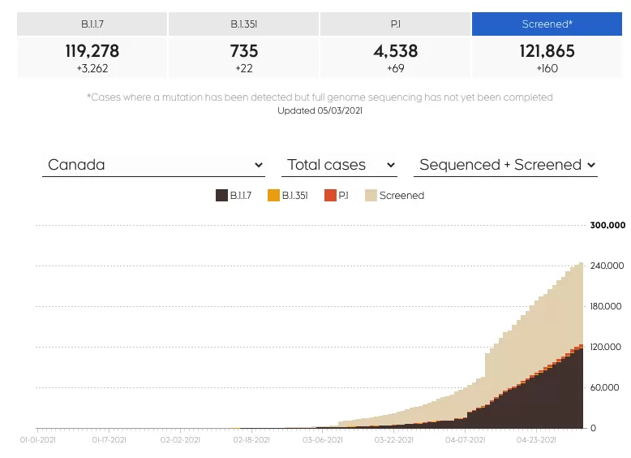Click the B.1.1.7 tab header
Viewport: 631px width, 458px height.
(92, 24)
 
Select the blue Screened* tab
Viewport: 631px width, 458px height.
(547, 24)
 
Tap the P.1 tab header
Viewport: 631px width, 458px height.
(396, 24)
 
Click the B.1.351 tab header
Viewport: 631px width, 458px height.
(244, 24)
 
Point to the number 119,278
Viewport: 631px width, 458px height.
(92, 51)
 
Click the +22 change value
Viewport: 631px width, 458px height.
(244, 68)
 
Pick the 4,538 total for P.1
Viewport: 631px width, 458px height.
(396, 51)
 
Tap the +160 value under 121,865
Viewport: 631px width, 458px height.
(547, 68)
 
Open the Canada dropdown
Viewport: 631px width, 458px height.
(153, 165)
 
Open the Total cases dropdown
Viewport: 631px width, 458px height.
(339, 165)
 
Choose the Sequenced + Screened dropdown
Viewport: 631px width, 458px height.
(505, 165)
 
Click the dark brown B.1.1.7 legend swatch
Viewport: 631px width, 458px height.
(221, 196)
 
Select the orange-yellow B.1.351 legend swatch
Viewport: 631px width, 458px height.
(273, 196)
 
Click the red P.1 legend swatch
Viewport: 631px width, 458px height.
(330, 196)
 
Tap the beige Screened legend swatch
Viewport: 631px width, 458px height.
(371, 196)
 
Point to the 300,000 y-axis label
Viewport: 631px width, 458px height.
(607, 225)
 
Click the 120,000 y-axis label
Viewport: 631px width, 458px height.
(606, 347)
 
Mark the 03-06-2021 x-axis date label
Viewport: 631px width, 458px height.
(323, 440)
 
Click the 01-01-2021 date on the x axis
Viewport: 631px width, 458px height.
(38, 440)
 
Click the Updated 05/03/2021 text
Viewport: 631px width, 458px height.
(320, 110)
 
